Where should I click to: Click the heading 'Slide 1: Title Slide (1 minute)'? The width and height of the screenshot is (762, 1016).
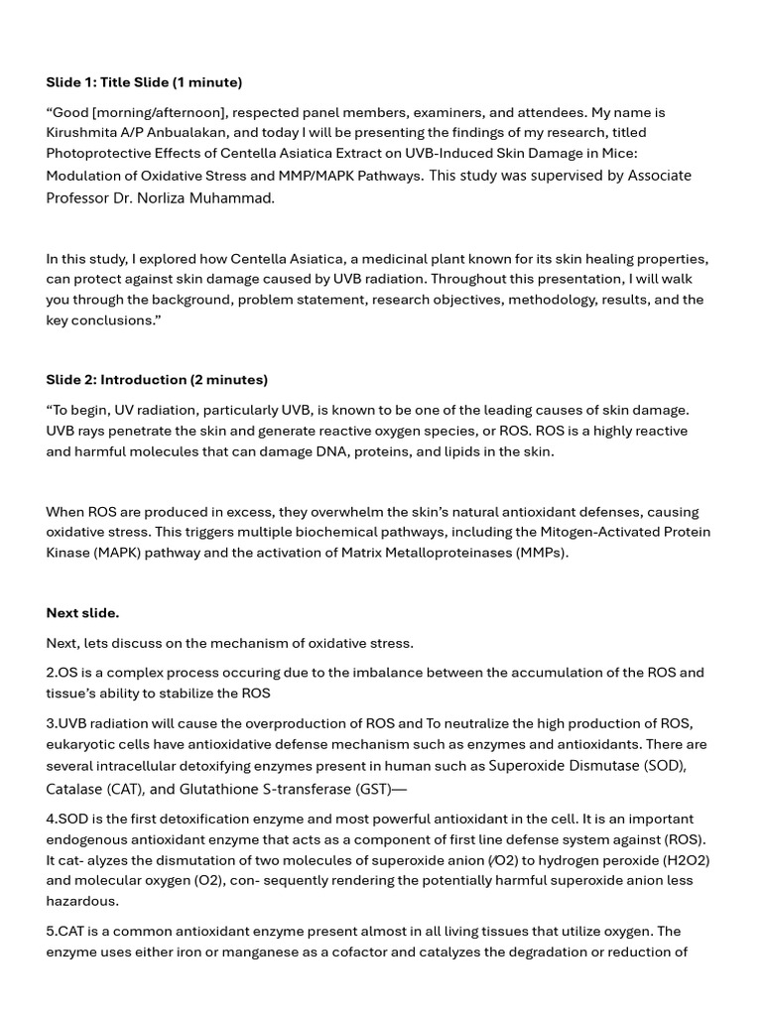click(x=144, y=82)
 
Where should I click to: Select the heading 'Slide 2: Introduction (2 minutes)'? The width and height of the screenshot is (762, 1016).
click(x=157, y=380)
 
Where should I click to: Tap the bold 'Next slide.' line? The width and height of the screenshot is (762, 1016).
click(x=82, y=613)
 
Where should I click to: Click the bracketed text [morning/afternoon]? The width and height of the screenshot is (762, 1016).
click(x=158, y=113)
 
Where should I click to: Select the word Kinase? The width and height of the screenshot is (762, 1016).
click(x=68, y=553)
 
